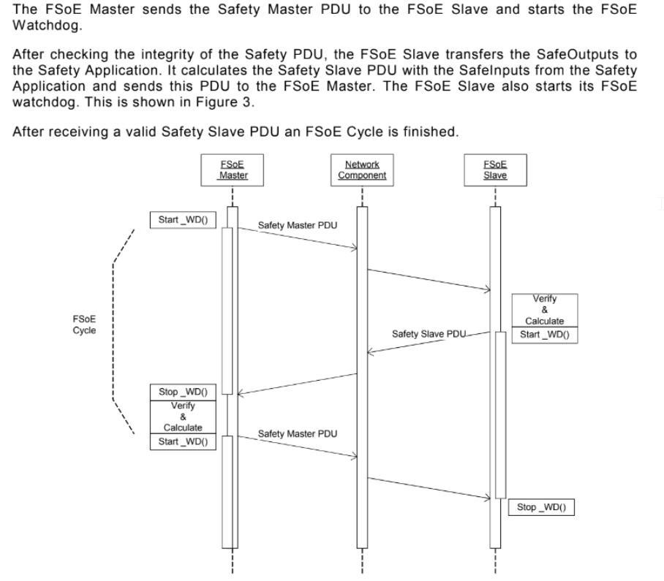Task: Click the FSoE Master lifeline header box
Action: (x=233, y=169)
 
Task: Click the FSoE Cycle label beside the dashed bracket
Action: (x=83, y=324)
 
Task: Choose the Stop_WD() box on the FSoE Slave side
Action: (x=541, y=507)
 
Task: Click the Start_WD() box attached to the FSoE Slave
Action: (x=545, y=335)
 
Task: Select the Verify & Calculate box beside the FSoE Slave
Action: (x=545, y=310)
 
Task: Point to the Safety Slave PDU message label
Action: (x=429, y=335)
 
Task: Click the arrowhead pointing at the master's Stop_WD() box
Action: (x=241, y=392)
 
